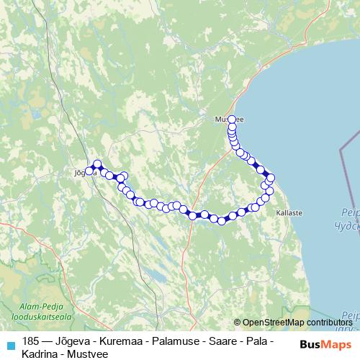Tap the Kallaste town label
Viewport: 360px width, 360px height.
point(288,213)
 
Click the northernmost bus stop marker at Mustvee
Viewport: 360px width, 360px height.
point(232,120)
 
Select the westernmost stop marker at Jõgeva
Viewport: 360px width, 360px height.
point(89,171)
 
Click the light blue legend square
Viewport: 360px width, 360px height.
point(9,344)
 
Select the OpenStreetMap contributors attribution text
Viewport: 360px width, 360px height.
point(297,323)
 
